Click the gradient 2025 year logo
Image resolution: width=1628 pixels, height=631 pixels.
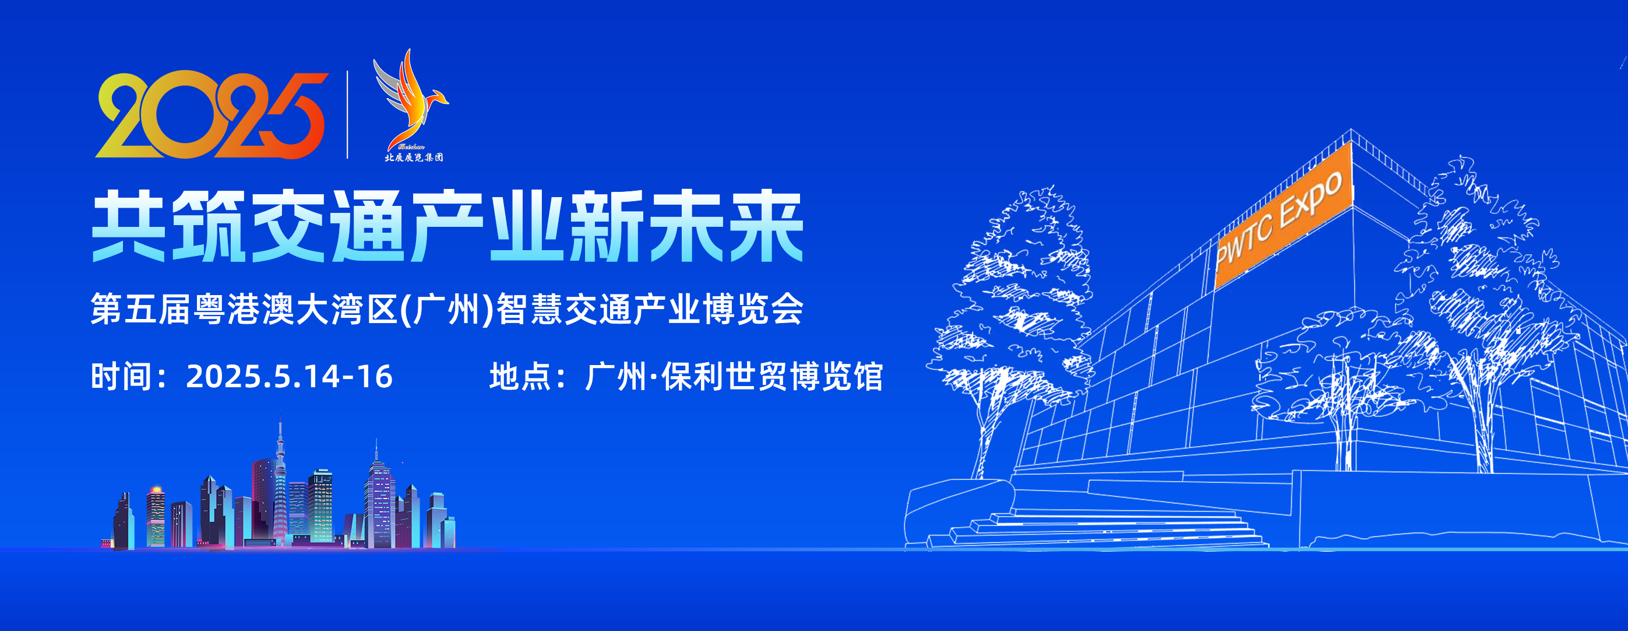[x=212, y=114]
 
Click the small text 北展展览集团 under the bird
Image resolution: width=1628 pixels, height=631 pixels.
[x=414, y=157]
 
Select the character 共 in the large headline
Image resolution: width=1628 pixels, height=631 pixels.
[x=129, y=226]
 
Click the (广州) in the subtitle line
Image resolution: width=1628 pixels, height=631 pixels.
[x=447, y=309]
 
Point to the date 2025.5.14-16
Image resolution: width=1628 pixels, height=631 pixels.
[x=289, y=376]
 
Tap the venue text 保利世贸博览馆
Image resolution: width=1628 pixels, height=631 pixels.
[x=771, y=376]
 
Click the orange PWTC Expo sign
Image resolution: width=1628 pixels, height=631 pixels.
[x=1284, y=216]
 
